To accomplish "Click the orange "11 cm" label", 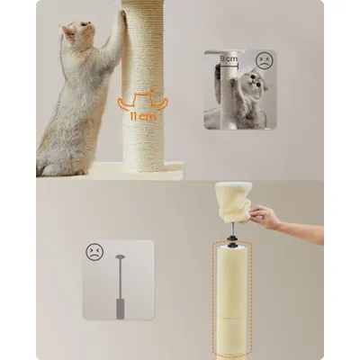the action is pyautogui.click(x=143, y=116).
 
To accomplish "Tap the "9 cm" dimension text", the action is pyautogui.click(x=229, y=58).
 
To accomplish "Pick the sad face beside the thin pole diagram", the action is pyautogui.click(x=94, y=251).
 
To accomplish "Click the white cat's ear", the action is pyautogui.click(x=67, y=31).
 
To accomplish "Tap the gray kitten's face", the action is pyautogui.click(x=256, y=78).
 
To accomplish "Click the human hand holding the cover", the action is pyautogui.click(x=265, y=215).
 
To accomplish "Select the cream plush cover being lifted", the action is pyautogui.click(x=233, y=202).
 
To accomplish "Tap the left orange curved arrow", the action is pyautogui.click(x=124, y=104).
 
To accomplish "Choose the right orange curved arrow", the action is pyautogui.click(x=161, y=104).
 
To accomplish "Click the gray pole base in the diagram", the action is pyautogui.click(x=121, y=309).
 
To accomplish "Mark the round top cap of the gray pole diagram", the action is pyautogui.click(x=121, y=256).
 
